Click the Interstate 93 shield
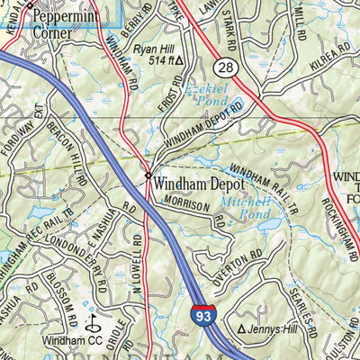click(x=202, y=314)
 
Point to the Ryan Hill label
click(x=152, y=49)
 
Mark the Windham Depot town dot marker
click(x=148, y=175)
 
